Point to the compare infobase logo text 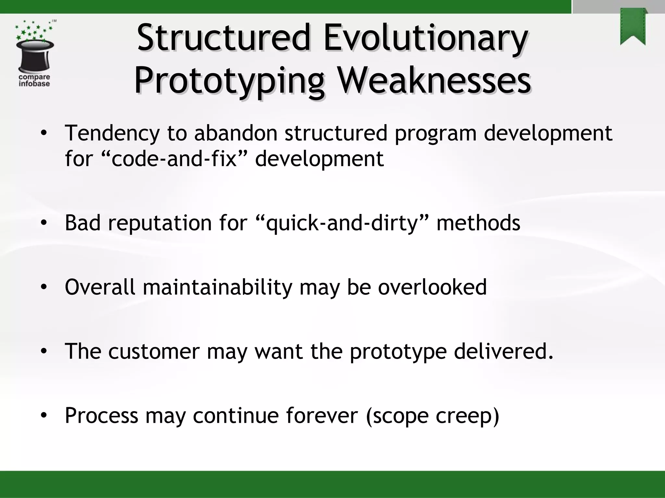coord(34,80)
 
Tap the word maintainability coord(218,287)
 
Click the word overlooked coord(432,287)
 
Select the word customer coord(154,351)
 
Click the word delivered coord(503,351)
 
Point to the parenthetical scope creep coord(432,416)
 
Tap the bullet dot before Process coord(44,416)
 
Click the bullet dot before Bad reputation coord(44,223)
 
